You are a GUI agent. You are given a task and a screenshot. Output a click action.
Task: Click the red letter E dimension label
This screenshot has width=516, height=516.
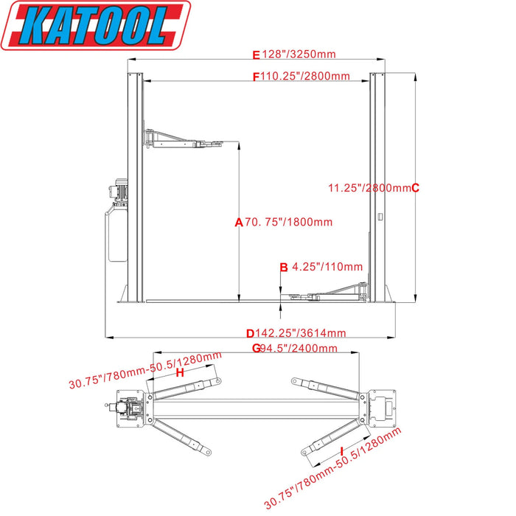coord(257,55)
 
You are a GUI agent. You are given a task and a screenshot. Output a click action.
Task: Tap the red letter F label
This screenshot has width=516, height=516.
coord(257,76)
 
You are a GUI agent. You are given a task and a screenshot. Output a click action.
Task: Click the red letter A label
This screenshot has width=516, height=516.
coord(238,222)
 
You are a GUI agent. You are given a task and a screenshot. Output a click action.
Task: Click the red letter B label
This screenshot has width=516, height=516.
coord(283,267)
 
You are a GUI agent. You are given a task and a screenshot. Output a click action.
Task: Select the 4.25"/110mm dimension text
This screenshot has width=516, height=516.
coord(327,267)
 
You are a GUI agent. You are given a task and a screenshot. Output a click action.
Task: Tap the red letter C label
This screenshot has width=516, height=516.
coord(415,187)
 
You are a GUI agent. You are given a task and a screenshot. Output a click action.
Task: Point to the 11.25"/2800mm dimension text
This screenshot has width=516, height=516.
coord(369,187)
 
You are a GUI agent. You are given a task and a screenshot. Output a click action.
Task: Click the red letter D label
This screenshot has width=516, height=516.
coord(250,333)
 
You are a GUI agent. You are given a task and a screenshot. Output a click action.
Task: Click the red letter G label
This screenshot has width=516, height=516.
coord(256,348)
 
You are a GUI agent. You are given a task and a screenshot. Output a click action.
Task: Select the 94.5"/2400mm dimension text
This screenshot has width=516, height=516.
coord(299,348)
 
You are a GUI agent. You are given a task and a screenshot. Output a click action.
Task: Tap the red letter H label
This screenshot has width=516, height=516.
coord(179,373)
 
